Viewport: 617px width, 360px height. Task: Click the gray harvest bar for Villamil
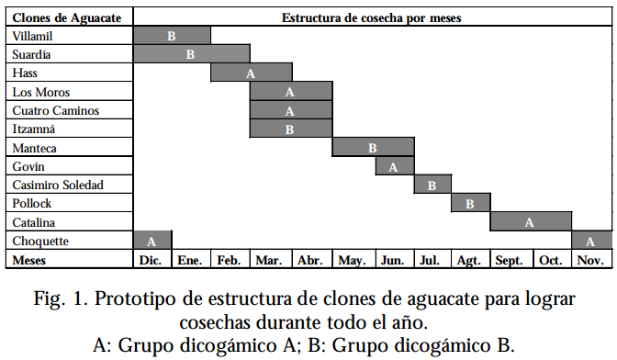point(172,36)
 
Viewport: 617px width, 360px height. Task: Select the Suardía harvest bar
point(191,54)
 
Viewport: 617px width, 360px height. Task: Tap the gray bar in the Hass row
point(250,73)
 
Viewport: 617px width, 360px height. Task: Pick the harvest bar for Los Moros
point(290,92)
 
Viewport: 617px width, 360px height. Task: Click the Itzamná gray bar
point(290,129)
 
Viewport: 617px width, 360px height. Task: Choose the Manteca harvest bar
point(373,148)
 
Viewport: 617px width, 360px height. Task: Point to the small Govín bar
point(394,167)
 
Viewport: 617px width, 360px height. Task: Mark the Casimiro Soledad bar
point(432,186)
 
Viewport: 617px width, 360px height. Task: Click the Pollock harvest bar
point(470,204)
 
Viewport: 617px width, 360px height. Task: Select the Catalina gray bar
point(530,222)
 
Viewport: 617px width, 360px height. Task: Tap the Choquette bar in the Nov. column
point(590,242)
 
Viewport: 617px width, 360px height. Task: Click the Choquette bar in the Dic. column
point(152,242)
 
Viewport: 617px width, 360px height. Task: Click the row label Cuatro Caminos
point(56,110)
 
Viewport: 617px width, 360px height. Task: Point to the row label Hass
point(26,73)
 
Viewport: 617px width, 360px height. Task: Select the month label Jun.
point(393,261)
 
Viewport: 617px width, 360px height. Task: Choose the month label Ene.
point(189,261)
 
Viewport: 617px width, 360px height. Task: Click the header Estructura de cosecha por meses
point(371,17)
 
